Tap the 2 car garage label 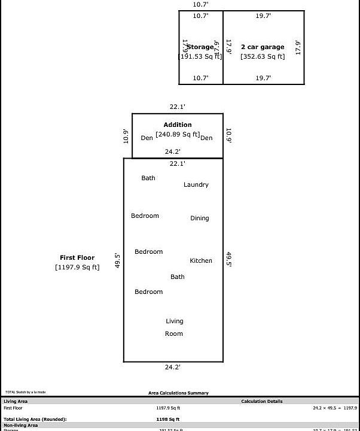(263, 47)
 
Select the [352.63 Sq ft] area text (263, 57)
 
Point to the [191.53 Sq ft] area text (200, 56)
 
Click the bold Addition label (178, 125)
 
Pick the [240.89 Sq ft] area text (178, 134)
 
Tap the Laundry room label (196, 185)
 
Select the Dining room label (200, 218)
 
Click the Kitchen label (201, 260)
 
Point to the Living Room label (174, 327)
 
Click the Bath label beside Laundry (148, 178)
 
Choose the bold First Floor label (77, 258)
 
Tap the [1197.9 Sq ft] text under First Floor (77, 268)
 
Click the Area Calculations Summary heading (179, 393)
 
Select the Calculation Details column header (262, 402)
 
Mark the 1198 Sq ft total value (168, 420)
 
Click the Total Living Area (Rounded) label (35, 420)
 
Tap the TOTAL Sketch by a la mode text (26, 392)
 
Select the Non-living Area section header (21, 425)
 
